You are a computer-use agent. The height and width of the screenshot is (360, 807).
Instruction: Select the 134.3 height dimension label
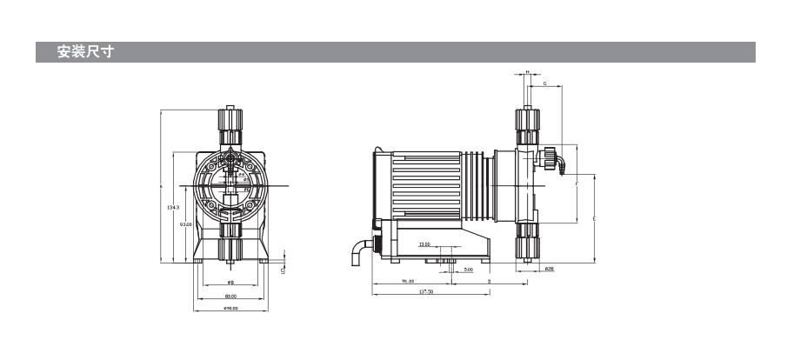tap(173, 207)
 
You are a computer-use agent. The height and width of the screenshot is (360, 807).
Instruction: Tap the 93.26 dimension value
tap(185, 224)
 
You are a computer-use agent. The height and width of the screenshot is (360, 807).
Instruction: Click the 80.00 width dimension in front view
tap(230, 297)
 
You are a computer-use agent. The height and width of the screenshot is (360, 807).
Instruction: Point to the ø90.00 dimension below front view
tap(230, 309)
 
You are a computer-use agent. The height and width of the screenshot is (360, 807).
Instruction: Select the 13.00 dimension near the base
tap(424, 245)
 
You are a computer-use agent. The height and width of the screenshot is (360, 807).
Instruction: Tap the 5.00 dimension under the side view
tap(468, 270)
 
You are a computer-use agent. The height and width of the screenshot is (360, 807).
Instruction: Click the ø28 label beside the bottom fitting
tap(550, 270)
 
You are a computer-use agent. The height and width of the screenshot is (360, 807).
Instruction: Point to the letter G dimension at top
tap(544, 85)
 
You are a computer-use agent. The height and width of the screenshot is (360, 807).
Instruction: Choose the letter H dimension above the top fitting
tap(528, 73)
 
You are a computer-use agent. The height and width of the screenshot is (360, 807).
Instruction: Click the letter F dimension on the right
tap(577, 185)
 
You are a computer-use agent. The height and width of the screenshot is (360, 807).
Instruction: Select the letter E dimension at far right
tap(594, 217)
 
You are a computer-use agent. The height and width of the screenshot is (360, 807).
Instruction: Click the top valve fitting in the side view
tap(527, 127)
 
